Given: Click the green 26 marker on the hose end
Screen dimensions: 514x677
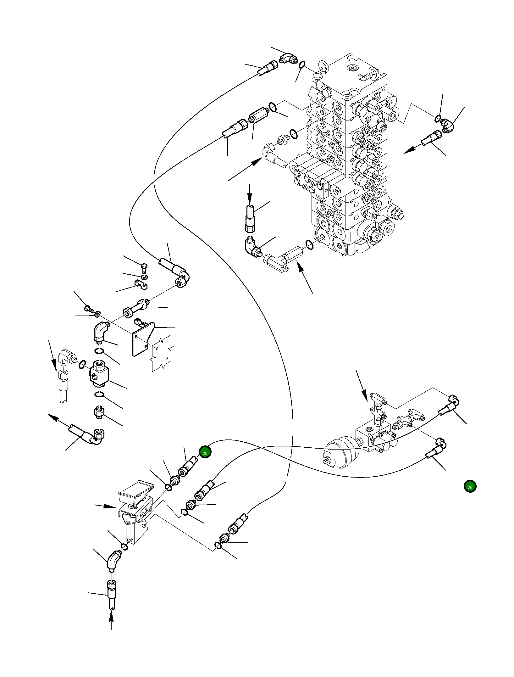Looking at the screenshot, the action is coord(205,452).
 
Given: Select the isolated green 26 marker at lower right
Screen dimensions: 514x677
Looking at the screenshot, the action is coord(470,487).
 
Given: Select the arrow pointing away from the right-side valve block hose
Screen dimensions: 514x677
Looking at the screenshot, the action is coord(413,149).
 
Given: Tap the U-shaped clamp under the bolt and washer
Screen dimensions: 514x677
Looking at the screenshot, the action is coord(142,284).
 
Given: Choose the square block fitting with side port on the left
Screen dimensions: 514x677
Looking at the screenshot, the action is coord(99,374).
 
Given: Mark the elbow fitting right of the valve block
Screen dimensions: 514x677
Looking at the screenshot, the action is coord(447,126).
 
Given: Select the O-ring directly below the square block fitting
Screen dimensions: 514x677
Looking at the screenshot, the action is coord(99,394).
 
